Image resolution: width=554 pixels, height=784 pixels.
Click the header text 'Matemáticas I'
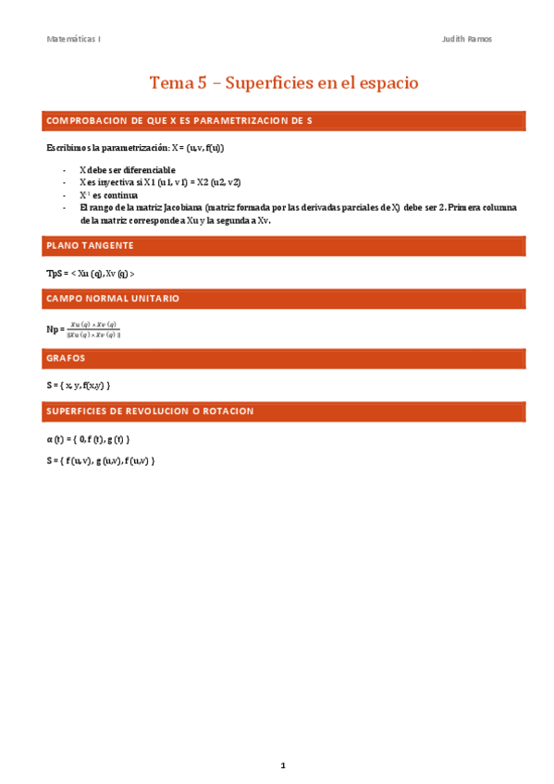tap(74, 40)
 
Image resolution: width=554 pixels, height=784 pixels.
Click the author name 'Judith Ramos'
tap(468, 40)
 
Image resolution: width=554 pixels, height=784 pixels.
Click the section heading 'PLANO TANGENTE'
tap(91, 246)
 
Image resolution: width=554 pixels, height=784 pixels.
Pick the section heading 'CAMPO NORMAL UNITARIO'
tap(113, 300)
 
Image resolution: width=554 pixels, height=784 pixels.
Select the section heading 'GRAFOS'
tap(66, 357)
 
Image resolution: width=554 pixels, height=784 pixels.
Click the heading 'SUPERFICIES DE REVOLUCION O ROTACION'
tap(150, 410)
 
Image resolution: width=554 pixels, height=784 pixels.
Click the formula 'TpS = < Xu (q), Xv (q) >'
tap(91, 274)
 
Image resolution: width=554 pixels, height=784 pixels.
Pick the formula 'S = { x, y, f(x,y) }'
tap(83, 385)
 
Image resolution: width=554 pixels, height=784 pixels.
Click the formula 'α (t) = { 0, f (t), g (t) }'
tap(88, 438)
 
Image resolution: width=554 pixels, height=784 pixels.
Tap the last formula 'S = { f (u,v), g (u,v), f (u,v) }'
tap(100, 459)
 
